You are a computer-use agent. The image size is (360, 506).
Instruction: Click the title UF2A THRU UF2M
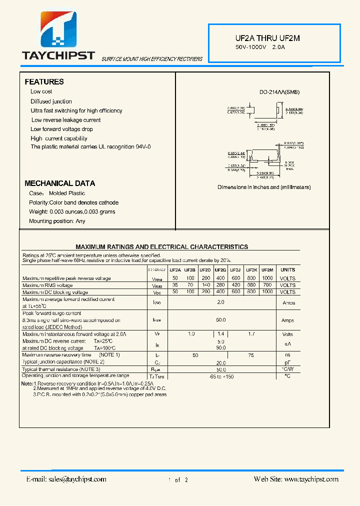point(267,38)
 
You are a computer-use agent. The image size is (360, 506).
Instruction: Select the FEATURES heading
point(44,81)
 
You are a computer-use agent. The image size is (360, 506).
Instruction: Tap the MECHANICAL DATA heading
point(59,183)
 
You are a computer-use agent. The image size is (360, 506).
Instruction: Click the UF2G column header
point(220,270)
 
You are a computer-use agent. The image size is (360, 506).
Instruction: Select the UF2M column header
point(267,270)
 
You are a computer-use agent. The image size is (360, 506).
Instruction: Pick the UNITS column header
point(288,270)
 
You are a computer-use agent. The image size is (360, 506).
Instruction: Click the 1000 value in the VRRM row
point(267,278)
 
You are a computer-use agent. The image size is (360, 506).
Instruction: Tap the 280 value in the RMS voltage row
point(220,285)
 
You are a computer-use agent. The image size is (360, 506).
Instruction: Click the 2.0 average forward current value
point(220,302)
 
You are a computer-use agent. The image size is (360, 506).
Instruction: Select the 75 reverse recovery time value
point(251,355)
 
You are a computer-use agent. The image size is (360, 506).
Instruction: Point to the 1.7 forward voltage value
point(251,333)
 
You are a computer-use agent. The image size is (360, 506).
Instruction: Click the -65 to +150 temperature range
point(220,375)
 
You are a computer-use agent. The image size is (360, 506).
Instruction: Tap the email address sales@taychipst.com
point(66,479)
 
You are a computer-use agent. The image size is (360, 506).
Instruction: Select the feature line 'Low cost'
point(41,91)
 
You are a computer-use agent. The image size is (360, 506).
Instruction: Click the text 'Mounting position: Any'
point(57,221)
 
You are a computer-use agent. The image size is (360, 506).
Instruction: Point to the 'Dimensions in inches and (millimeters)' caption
point(264,187)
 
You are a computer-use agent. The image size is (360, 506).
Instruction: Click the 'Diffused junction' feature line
point(51,101)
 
